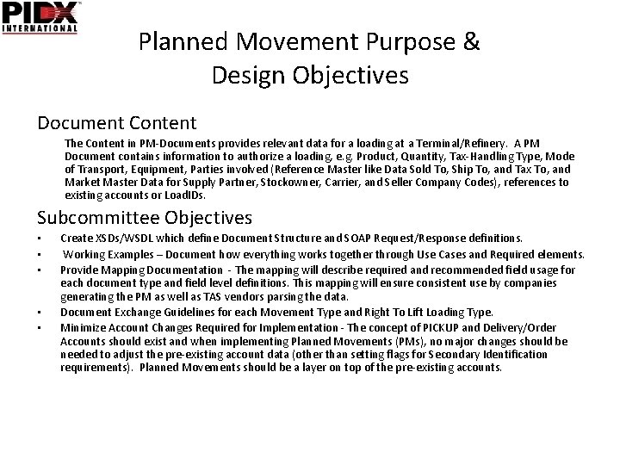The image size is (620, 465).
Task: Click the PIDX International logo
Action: pyautogui.click(x=41, y=17)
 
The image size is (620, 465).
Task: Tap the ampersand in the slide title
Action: pyautogui.click(x=471, y=41)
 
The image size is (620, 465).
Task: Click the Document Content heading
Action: pyautogui.click(x=117, y=123)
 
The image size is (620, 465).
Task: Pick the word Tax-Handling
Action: pyautogui.click(x=449, y=156)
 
